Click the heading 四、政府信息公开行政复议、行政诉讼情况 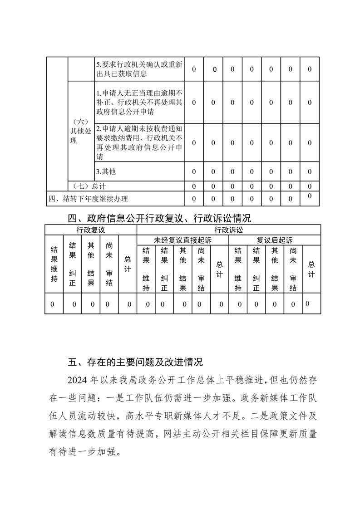pos(159,218)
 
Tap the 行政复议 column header pos(91,230)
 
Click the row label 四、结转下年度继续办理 pos(89,198)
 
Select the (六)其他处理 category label pos(79,131)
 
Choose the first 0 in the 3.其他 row pos(194,171)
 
